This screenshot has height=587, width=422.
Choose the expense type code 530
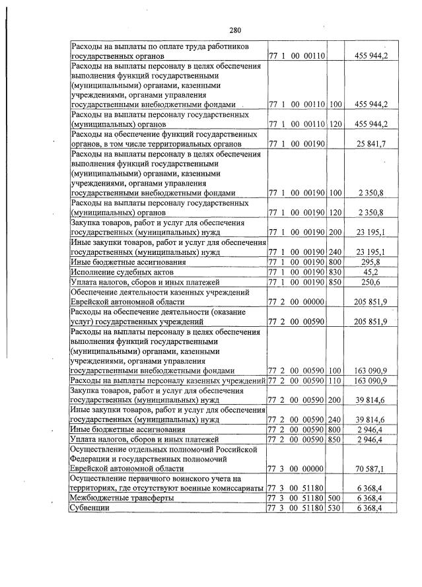click(x=335, y=507)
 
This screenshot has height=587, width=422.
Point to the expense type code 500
click(x=335, y=497)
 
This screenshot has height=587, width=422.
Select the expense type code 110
click(x=335, y=381)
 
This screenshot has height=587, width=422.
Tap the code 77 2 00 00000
click(x=296, y=302)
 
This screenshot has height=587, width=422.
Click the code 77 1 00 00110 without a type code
click(x=296, y=56)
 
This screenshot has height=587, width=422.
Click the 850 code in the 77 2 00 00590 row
click(x=335, y=439)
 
